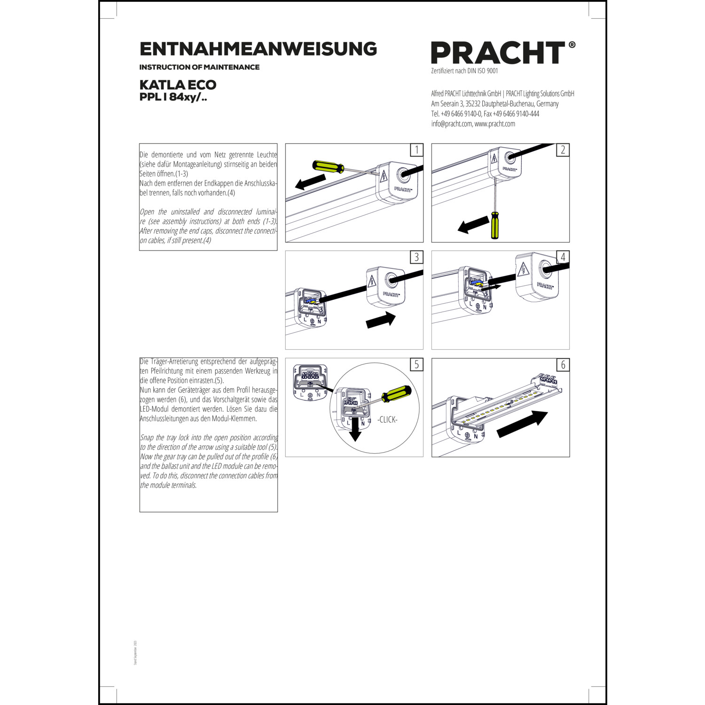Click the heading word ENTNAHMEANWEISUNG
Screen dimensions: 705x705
[x=258, y=49]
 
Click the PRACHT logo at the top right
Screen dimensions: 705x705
[x=498, y=53]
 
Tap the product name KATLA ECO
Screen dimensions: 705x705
[x=178, y=85]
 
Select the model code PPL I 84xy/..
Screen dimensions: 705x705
[x=173, y=97]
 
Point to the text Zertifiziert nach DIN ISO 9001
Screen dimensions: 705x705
[x=464, y=71]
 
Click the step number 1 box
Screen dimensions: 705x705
[x=416, y=150]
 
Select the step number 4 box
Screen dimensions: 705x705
[x=563, y=257]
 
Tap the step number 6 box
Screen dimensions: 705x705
[x=563, y=365]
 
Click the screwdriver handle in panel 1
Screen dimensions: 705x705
[x=328, y=166]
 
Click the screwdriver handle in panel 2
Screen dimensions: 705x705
[x=495, y=225]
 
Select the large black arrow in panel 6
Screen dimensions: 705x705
[x=522, y=424]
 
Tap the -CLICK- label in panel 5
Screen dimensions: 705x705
[x=387, y=420]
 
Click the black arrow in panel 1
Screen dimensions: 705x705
[x=310, y=182]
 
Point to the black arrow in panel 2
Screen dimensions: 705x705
[x=473, y=225]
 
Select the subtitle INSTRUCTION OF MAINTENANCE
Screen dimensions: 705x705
[x=199, y=67]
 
